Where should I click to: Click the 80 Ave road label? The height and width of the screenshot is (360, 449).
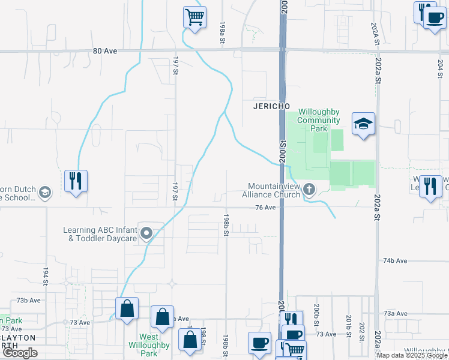pyautogui.click(x=105, y=51)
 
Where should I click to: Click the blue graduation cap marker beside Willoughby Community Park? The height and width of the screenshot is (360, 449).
pyautogui.click(x=363, y=124)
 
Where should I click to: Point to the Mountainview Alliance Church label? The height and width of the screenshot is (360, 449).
pyautogui.click(x=271, y=190)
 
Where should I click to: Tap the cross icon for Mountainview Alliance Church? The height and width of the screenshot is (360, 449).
pyautogui.click(x=309, y=190)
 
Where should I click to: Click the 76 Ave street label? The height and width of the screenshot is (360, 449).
pyautogui.click(x=265, y=208)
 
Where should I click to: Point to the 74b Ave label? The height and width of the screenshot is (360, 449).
pyautogui.click(x=395, y=260)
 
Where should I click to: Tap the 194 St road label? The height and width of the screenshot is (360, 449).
pyautogui.click(x=45, y=277)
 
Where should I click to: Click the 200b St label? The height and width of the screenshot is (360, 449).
pyautogui.click(x=316, y=311)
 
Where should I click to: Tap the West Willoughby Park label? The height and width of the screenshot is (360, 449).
pyautogui.click(x=149, y=345)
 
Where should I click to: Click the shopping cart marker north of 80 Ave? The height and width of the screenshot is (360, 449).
pyautogui.click(x=194, y=17)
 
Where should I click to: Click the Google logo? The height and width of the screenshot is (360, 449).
pyautogui.click(x=20, y=353)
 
